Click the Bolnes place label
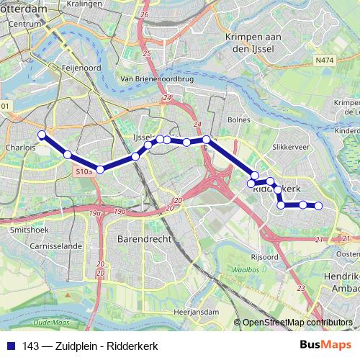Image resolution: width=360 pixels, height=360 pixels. click(x=238, y=119)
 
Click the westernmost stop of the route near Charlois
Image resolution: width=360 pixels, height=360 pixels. click(x=42, y=135)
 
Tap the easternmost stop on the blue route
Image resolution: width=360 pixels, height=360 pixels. click(x=318, y=206)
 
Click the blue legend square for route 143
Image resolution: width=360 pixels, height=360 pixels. click(x=12, y=346)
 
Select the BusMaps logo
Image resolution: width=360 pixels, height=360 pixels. click(x=327, y=346)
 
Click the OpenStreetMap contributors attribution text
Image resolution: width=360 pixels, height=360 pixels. click(x=297, y=323)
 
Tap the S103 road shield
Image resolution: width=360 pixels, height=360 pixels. click(x=84, y=173)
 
